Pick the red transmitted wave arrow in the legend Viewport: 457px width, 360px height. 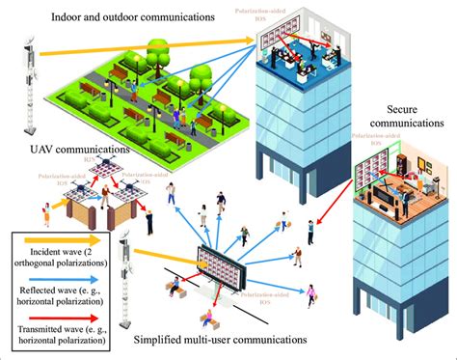[x=56, y=307]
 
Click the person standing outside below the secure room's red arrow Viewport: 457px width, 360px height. [x=311, y=233]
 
